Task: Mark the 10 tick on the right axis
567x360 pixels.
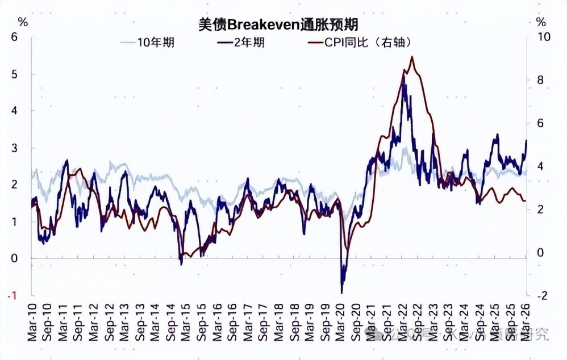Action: tap(544, 37)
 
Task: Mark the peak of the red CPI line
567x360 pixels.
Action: tap(411, 56)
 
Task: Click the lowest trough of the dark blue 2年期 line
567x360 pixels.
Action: tap(342, 292)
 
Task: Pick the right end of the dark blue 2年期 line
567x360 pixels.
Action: tap(527, 140)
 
